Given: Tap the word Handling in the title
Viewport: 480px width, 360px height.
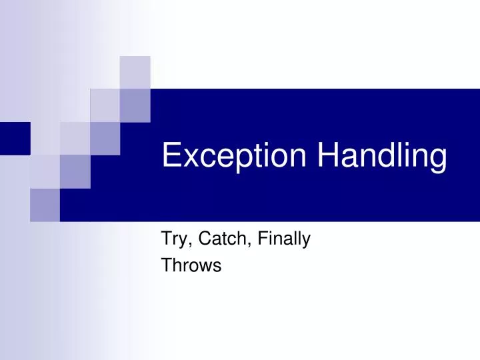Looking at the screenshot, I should [382, 157].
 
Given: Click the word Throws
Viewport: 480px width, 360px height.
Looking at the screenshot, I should [191, 265].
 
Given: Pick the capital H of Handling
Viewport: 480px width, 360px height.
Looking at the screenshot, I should [327, 155].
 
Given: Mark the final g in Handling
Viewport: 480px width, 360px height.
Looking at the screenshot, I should [437, 161].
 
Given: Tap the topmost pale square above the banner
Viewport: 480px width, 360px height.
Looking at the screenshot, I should [135, 72].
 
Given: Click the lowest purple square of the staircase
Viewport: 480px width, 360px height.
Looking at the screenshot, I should [45, 205].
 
